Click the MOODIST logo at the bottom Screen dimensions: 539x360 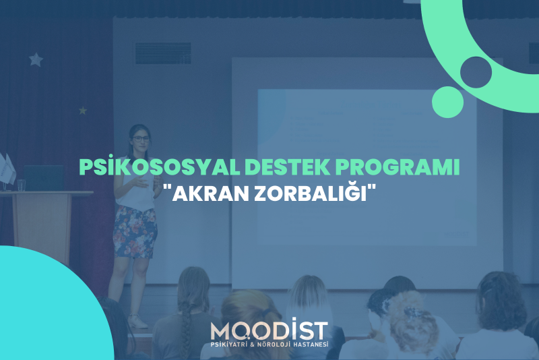(269, 332)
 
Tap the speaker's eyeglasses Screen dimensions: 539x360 (141, 139)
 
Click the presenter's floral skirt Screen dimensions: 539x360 (135, 232)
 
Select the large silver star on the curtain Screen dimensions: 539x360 (36, 59)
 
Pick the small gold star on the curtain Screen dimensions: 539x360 (82, 111)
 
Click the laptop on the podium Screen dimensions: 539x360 (44, 178)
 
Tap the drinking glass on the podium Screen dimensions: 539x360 (22, 185)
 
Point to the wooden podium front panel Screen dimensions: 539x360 (42, 227)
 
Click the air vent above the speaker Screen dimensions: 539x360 (163, 53)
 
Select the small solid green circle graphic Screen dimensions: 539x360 (447, 102)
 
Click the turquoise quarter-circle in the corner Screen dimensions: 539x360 (44, 309)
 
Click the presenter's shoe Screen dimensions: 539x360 (137, 322)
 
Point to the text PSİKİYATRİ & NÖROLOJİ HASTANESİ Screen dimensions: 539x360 (269, 344)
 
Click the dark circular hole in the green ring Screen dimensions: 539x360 (476, 72)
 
